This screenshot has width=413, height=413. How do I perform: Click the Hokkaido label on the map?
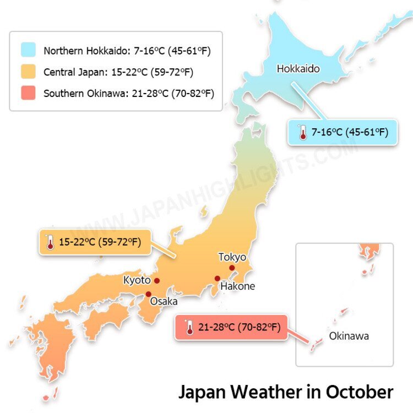tap(298, 69)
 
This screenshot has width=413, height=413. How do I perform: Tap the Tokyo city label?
tap(232, 257)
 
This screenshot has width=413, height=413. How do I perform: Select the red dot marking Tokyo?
tap(232, 268)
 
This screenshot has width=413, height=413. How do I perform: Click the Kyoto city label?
tap(137, 280)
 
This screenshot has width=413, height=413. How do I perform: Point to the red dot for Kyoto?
tap(157, 281)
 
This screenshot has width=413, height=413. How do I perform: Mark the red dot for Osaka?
tap(148, 294)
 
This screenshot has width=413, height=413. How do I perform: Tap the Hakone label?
tap(237, 286)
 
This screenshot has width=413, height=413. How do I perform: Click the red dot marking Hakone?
tap(218, 279)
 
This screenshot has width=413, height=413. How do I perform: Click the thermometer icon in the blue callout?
tap(302, 132)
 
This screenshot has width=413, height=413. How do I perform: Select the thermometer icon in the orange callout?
tap(51, 242)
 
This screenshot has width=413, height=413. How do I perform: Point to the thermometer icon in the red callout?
tap(189, 328)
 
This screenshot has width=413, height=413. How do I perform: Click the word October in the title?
tap(360, 392)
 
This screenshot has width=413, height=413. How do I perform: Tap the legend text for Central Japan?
tap(118, 72)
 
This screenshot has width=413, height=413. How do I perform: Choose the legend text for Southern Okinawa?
tap(128, 94)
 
